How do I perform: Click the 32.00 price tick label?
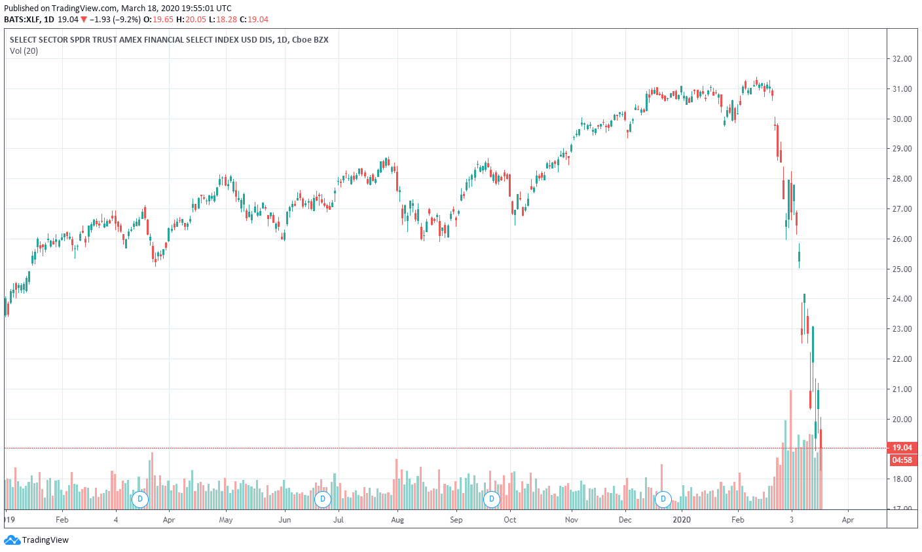pos(902,59)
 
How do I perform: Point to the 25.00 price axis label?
pos(902,269)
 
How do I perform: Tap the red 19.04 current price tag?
pos(902,448)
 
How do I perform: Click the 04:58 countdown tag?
pos(902,460)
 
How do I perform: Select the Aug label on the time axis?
pos(397,520)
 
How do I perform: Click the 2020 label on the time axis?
pos(682,520)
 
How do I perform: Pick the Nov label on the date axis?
pos(571,520)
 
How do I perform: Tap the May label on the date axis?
pos(226,520)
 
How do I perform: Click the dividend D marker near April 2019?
pos(139,500)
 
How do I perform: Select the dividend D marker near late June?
pos(322,500)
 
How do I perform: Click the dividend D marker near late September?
pos(491,500)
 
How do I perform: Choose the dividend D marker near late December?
pos(663,500)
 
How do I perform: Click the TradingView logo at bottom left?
pos(37,540)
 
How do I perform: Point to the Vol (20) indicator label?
pos(24,51)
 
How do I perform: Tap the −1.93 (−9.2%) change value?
pos(115,20)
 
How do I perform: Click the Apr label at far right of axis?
pos(847,520)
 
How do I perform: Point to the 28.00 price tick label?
pos(902,179)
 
